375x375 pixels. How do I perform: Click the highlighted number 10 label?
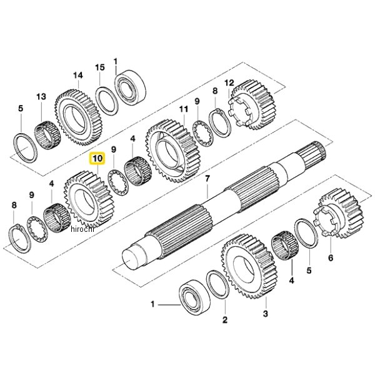click(x=97, y=159)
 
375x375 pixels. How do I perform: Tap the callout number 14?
click(x=77, y=76)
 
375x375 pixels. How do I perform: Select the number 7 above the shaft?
click(x=207, y=179)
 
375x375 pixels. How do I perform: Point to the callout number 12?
click(x=229, y=82)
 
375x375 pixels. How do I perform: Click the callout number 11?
click(x=183, y=109)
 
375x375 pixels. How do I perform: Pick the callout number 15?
click(x=100, y=67)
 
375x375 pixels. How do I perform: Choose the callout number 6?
click(x=331, y=257)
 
